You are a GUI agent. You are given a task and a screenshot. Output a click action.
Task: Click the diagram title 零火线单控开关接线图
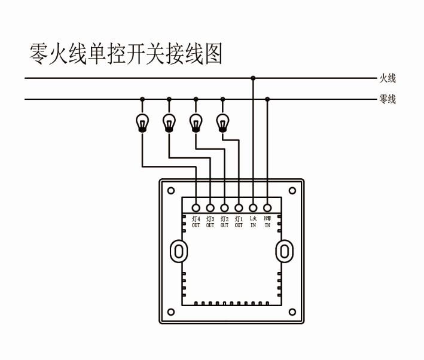[126, 54]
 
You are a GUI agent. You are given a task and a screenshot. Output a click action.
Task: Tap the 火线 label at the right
[388, 78]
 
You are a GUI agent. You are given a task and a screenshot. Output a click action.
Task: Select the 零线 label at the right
[388, 99]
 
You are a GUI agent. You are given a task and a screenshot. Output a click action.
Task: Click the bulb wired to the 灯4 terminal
[142, 122]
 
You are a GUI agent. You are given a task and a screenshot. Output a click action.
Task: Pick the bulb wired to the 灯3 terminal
[169, 122]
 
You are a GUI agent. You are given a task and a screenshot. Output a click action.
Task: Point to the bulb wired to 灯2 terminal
[196, 122]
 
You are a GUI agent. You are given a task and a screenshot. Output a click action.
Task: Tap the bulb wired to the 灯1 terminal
[222, 122]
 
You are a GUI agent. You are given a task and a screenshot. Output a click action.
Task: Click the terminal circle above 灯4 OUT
[196, 208]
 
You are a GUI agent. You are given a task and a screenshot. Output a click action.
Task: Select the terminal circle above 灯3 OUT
[211, 208]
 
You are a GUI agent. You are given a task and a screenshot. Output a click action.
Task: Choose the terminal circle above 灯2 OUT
[224, 208]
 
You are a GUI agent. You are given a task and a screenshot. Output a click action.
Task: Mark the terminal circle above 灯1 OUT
[239, 208]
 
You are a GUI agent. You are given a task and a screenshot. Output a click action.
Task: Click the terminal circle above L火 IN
[253, 208]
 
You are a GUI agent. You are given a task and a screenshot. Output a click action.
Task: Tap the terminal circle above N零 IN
[267, 208]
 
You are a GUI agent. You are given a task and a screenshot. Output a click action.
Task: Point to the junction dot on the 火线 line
[253, 78]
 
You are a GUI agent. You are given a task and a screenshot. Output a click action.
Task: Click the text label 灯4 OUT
[196, 222]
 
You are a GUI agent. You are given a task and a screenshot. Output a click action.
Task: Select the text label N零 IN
[267, 222]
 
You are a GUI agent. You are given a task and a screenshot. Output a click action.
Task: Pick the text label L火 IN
[253, 222]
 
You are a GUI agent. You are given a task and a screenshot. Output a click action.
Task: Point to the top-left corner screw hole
[171, 191]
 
